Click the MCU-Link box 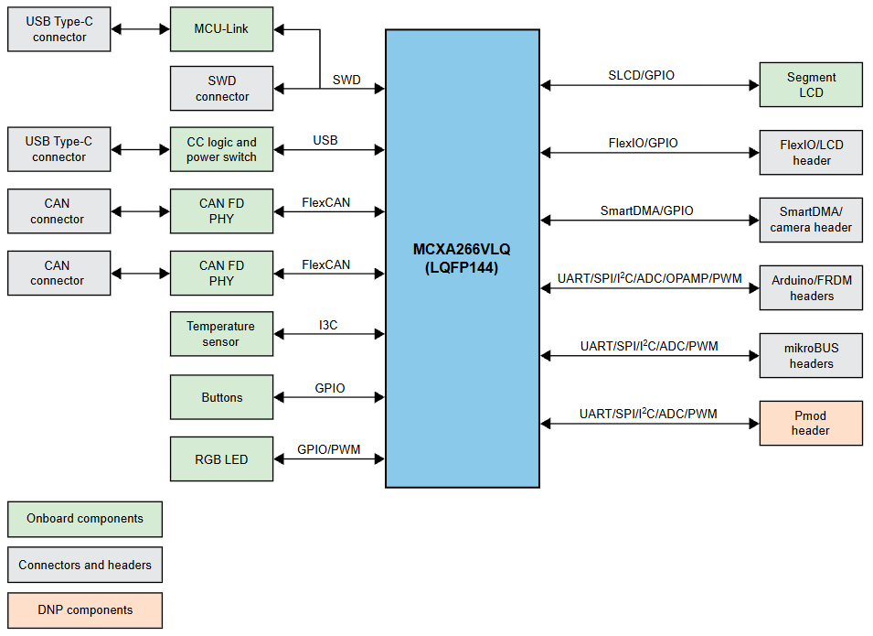[x=221, y=29]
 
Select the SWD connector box [x=221, y=89]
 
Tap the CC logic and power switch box [x=221, y=150]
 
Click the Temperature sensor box [x=221, y=334]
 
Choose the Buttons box [x=221, y=397]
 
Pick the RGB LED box [x=221, y=458]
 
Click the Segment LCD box [x=810, y=85]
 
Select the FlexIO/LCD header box [x=810, y=153]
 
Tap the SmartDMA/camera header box [x=810, y=220]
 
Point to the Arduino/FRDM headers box [x=810, y=288]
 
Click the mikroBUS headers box [x=810, y=356]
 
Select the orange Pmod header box [x=810, y=423]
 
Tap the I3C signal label [x=328, y=325]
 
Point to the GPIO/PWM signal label [x=328, y=449]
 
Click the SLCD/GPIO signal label [x=641, y=75]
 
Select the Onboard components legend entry [x=84, y=519]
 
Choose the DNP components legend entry [x=84, y=610]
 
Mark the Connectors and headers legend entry [x=84, y=565]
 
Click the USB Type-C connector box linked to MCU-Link [x=59, y=29]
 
